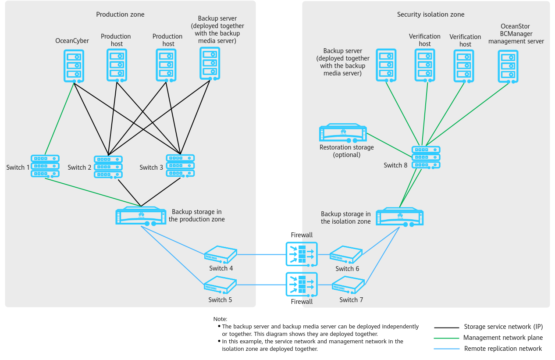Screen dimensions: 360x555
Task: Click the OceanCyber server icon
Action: click(73, 65)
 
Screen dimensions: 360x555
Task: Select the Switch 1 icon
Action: click(45, 166)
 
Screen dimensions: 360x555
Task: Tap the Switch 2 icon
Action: click(108, 167)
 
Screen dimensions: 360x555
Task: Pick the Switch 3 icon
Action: click(180, 165)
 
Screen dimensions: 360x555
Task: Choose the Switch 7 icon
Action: click(348, 285)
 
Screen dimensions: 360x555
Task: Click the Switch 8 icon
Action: click(426, 157)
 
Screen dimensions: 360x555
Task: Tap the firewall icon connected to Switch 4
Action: click(301, 254)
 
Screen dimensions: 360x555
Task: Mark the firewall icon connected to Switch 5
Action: click(301, 285)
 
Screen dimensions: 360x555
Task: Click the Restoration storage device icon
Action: click(343, 133)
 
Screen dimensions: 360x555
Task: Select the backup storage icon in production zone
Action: click(141, 216)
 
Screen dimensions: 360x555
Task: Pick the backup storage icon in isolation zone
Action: click(399, 217)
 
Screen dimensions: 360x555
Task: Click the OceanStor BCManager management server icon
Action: click(508, 66)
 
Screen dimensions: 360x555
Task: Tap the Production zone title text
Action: click(120, 14)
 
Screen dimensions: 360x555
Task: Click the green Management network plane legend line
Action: click(447, 338)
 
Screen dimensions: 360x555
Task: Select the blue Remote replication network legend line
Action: click(447, 349)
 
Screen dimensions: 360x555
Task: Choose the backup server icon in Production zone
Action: click(210, 64)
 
